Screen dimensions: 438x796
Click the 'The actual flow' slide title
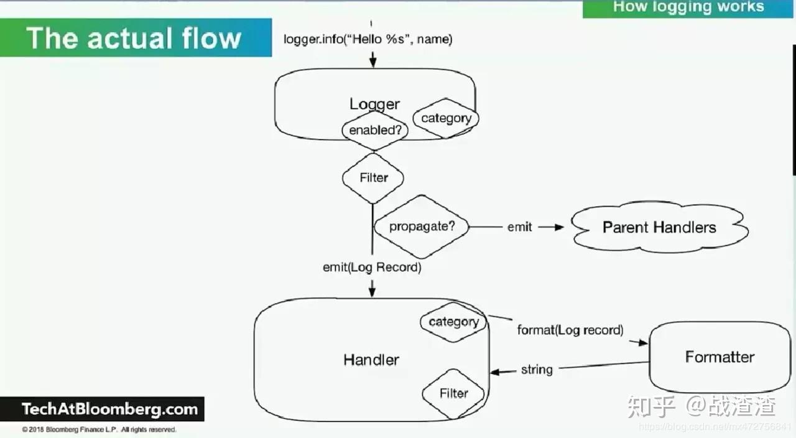[x=134, y=38]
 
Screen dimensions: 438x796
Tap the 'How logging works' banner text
[x=688, y=7]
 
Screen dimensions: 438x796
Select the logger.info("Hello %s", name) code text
[x=368, y=39]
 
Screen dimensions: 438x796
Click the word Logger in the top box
[x=374, y=104]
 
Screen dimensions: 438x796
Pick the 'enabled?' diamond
[x=374, y=130]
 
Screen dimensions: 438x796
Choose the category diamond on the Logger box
[x=446, y=118]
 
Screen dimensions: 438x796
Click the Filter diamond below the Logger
[x=373, y=178]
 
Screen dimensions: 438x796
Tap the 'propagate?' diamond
[x=422, y=226]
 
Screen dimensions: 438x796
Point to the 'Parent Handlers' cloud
[x=659, y=227]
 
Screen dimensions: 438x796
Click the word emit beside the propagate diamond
[x=519, y=227]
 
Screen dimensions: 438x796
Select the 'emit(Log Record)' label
[x=372, y=268]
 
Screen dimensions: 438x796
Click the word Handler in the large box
[x=371, y=360]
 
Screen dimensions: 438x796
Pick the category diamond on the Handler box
[x=453, y=322]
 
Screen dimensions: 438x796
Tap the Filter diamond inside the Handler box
[x=453, y=393]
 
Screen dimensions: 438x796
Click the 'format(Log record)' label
[x=570, y=330]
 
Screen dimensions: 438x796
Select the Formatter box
[x=720, y=356]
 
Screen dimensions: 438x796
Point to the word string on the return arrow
[x=537, y=370]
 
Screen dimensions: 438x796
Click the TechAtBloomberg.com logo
[x=109, y=409]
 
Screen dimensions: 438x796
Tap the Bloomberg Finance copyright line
[x=99, y=430]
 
